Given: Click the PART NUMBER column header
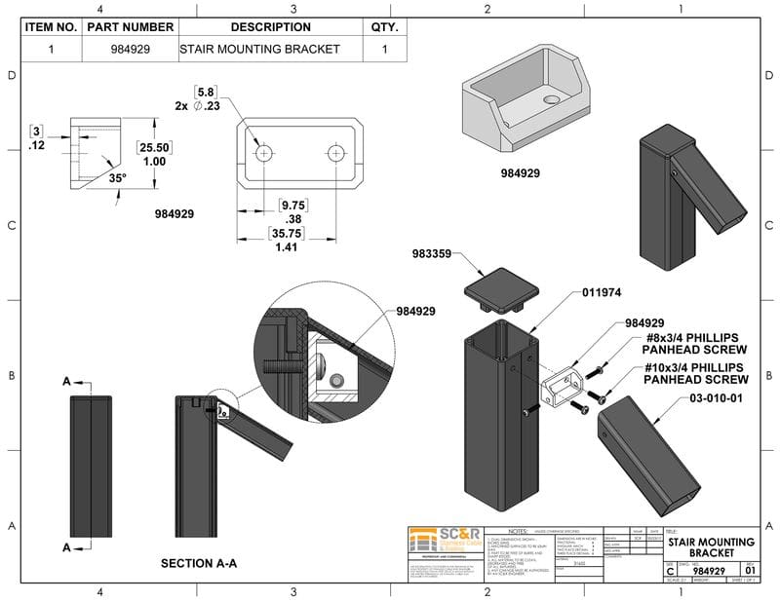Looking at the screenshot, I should [130, 27].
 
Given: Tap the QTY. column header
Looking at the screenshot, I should [384, 27].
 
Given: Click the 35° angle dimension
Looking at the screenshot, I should [117, 178].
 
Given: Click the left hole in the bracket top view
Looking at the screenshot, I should [263, 154].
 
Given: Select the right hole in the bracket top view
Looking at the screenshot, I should [335, 154].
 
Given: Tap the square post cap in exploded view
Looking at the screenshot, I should [497, 289].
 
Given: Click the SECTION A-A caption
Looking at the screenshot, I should [198, 562].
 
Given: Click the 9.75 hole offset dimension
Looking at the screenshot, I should [292, 206].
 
